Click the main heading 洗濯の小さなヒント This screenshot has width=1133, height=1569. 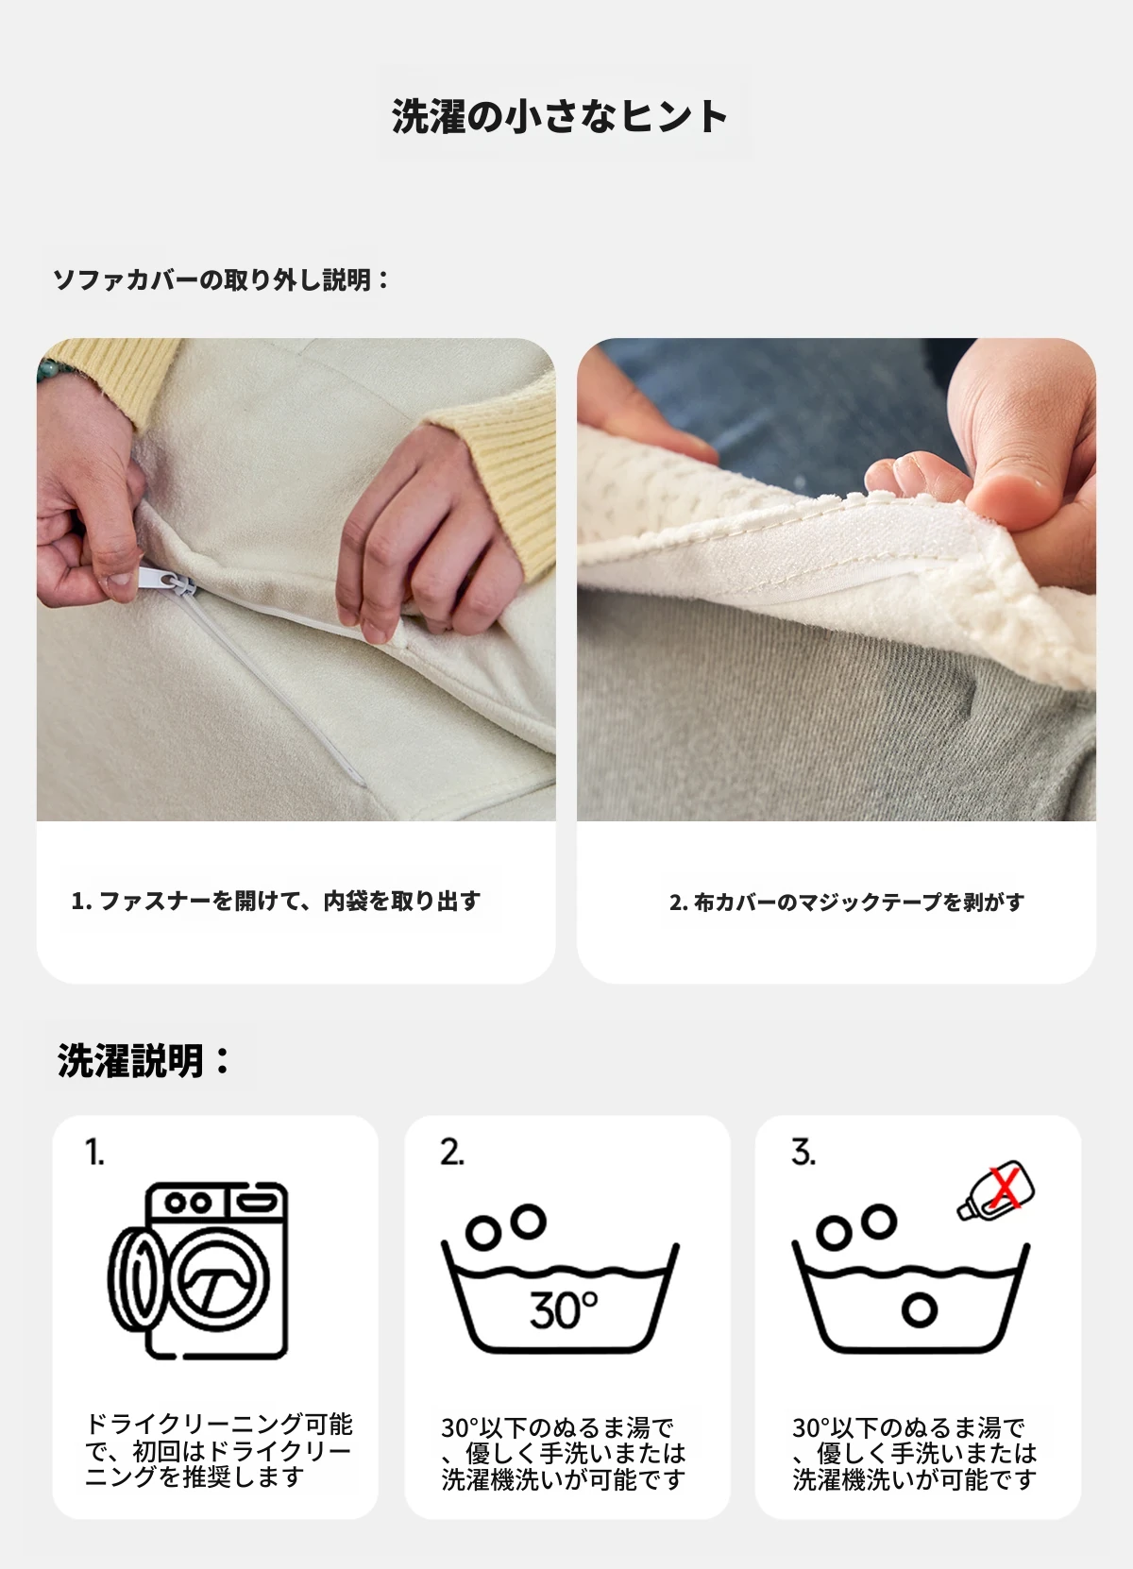559,116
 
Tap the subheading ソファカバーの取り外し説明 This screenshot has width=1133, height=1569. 220,280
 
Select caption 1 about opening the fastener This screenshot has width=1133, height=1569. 276,901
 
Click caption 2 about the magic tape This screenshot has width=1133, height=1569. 846,902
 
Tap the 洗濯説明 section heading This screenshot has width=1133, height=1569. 143,1060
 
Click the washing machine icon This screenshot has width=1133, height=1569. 198,1271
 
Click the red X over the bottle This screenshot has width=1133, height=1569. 1005,1188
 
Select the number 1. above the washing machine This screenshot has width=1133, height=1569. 94,1152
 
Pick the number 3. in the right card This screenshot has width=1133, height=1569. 803,1152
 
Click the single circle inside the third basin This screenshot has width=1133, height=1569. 920,1309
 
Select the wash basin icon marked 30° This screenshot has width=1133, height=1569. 561,1277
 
